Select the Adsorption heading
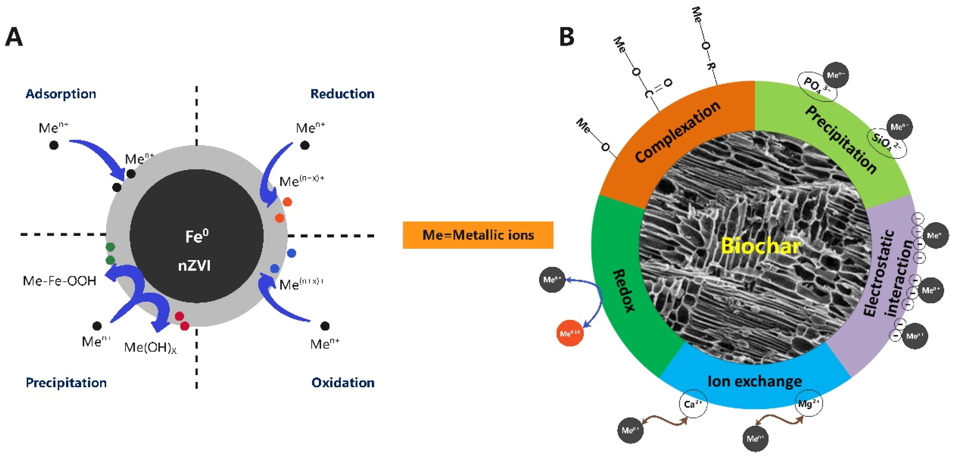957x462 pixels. (61, 94)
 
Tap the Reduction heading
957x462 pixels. (342, 94)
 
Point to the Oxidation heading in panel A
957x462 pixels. (342, 383)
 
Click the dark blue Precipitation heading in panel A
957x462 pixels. (66, 383)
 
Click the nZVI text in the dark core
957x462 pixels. (194, 266)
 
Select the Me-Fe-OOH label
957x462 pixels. (59, 281)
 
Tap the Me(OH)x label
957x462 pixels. (150, 348)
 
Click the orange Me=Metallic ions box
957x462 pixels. (478, 235)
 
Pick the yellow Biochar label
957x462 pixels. (760, 246)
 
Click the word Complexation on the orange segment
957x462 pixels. (678, 132)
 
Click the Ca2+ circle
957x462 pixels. (693, 404)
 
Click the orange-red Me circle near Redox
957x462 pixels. (570, 333)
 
